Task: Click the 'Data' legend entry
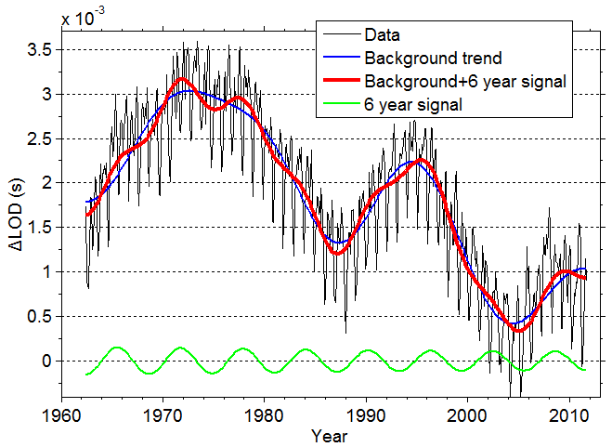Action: click(382, 35)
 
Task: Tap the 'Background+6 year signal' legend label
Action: click(465, 82)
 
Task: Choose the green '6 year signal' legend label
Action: click(414, 105)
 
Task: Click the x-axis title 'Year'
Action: click(330, 435)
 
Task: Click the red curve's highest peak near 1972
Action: click(182, 79)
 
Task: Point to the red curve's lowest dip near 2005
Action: click(518, 331)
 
